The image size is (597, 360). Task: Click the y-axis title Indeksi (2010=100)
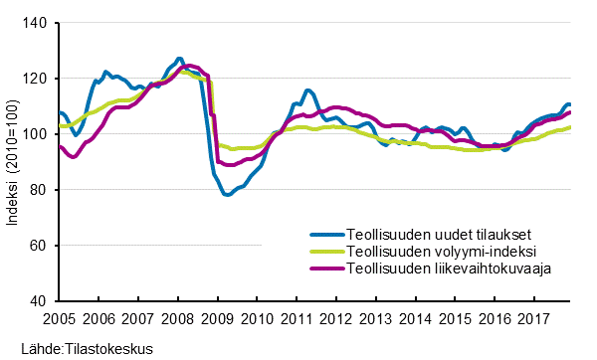(x=13, y=161)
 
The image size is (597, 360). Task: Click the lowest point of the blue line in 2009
(x=228, y=195)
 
